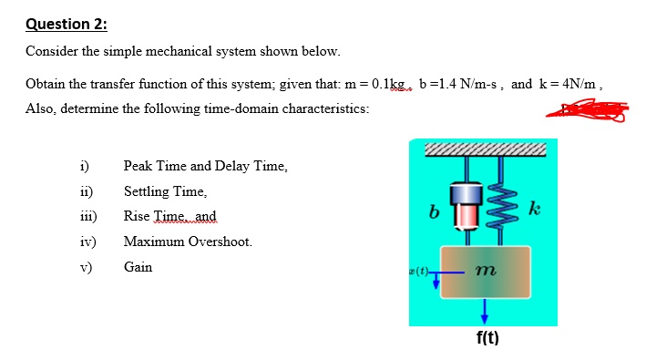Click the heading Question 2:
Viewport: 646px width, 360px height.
pos(63,24)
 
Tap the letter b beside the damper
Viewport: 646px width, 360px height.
pos(434,211)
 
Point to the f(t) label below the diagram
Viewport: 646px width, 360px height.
pos(486,338)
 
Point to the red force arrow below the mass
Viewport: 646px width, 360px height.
pos(485,310)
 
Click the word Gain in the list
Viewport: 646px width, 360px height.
pos(138,267)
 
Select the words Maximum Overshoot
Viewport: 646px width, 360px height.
pos(188,242)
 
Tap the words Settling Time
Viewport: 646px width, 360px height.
pos(165,191)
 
